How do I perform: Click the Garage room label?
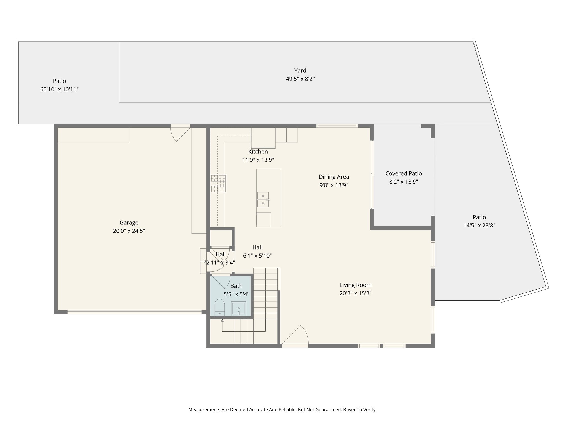(x=129, y=222)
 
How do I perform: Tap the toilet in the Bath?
(x=220, y=307)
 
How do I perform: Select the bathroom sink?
(x=238, y=308)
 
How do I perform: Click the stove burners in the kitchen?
(x=218, y=183)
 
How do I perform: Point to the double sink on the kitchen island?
(x=263, y=199)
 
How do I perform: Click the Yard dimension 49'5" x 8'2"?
(x=300, y=79)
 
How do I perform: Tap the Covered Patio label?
(x=403, y=173)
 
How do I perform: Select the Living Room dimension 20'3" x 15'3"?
(x=355, y=293)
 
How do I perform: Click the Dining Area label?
(x=334, y=177)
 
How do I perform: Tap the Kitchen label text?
(x=258, y=152)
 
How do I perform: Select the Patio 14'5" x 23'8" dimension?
(x=479, y=225)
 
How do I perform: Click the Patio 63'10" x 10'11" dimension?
(x=59, y=89)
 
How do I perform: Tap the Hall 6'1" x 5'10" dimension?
(x=257, y=256)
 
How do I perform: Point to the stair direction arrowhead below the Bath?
(x=222, y=320)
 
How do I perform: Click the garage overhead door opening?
(x=134, y=312)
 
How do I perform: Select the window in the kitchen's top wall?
(x=337, y=126)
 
